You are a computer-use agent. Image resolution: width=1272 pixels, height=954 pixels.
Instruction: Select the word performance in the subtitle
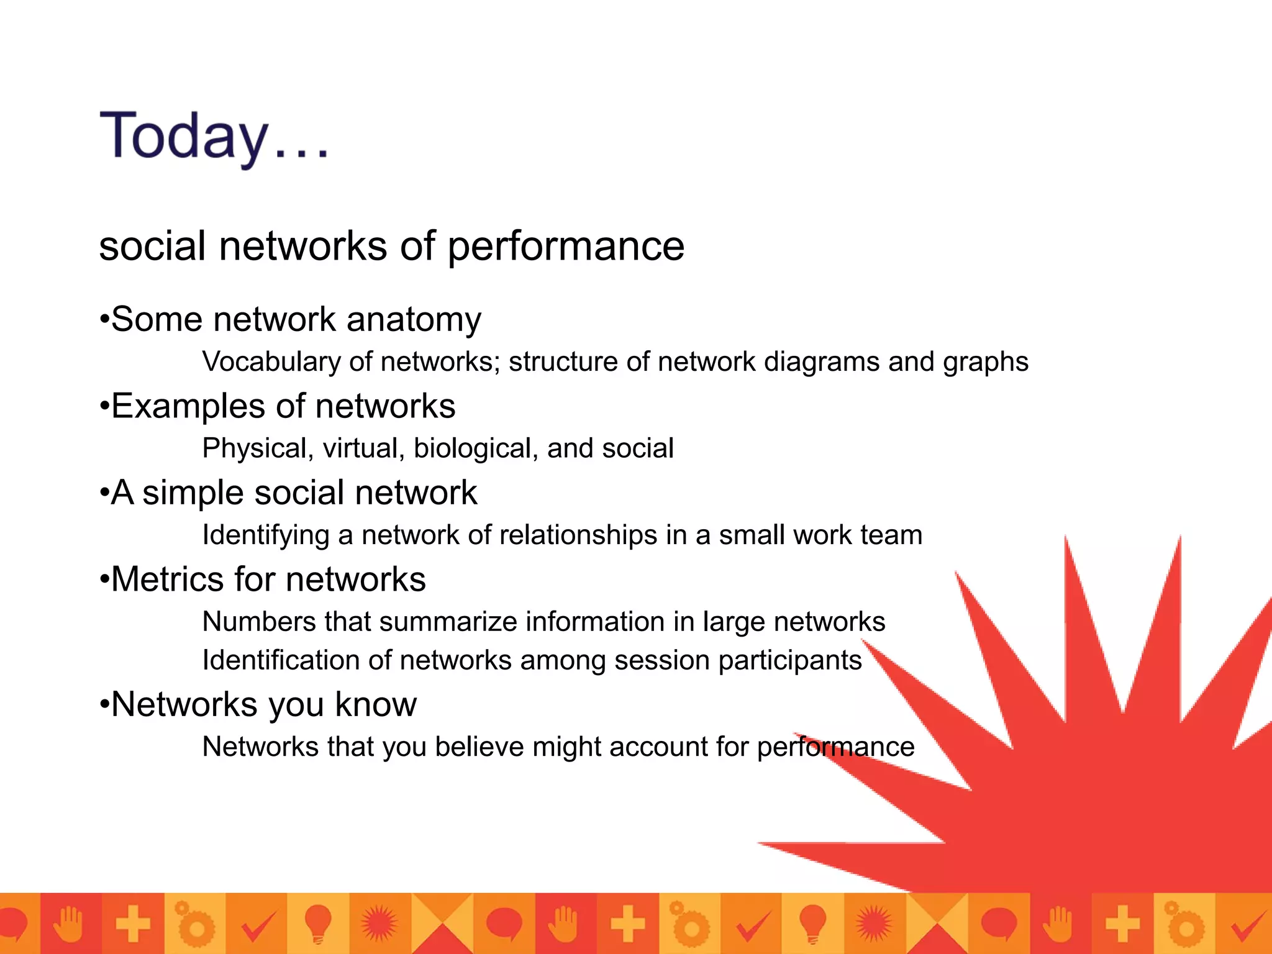[x=566, y=247]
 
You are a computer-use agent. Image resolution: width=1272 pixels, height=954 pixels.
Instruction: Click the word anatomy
[x=414, y=320]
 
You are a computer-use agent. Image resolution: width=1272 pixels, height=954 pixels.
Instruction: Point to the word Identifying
[x=266, y=535]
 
